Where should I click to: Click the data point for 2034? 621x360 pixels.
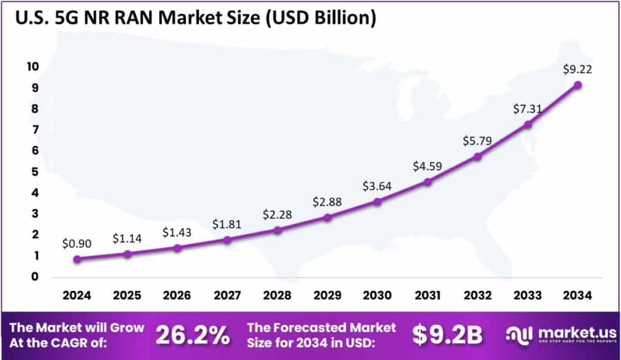[578, 85]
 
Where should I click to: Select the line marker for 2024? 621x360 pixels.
[77, 259]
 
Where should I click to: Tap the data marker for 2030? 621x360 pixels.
[377, 201]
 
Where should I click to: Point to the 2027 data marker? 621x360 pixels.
[227, 240]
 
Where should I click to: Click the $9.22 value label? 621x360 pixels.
[577, 70]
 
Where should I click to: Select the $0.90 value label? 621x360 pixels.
[77, 244]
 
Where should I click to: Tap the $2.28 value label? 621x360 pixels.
[277, 214]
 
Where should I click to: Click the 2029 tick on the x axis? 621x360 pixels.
[327, 296]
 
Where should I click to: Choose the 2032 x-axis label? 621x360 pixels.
[477, 296]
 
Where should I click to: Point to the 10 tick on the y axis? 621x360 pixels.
[32, 67]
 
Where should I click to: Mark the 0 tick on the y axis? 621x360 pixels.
[36, 277]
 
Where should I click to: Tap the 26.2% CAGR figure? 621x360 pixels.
[193, 335]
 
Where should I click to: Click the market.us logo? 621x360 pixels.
[562, 335]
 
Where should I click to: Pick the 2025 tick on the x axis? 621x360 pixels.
[127, 296]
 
